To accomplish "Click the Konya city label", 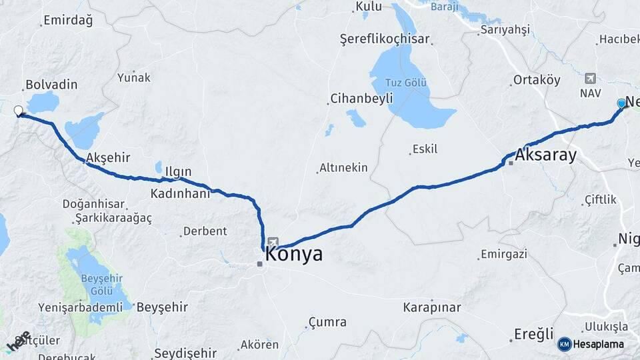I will [x=294, y=254].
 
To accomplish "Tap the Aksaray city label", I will [x=545, y=156].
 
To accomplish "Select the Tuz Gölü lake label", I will [x=406, y=83].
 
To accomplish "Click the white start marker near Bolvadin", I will [x=18, y=111].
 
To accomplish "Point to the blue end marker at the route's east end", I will [x=621, y=103].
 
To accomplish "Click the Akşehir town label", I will [x=103, y=158].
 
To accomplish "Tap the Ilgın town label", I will [x=178, y=172].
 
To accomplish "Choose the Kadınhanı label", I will [x=180, y=193].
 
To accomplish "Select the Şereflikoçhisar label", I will [x=385, y=39].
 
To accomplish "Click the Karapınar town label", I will [x=432, y=308].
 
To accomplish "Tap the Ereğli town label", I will [x=534, y=333].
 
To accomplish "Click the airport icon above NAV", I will [x=589, y=79].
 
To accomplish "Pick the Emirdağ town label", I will [x=68, y=20].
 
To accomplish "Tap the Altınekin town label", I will [x=343, y=167].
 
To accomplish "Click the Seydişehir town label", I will [x=185, y=353].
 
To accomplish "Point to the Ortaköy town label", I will [x=536, y=80].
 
